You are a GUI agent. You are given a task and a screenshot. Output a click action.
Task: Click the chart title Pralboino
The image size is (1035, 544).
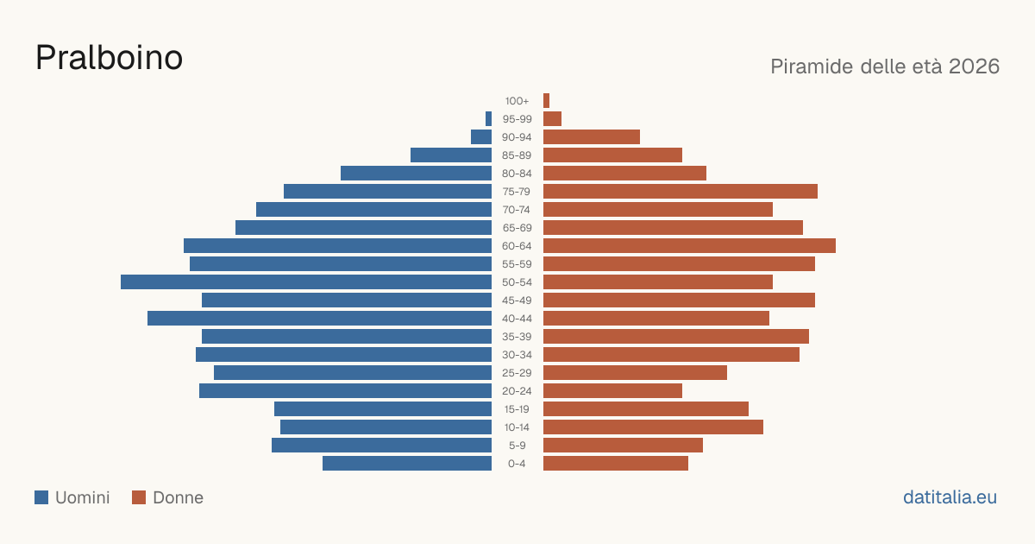pyautogui.click(x=109, y=58)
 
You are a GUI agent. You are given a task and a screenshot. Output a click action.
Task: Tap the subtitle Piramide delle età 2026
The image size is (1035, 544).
pyautogui.click(x=885, y=66)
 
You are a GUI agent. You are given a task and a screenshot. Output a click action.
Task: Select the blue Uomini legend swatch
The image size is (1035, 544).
pyautogui.click(x=41, y=497)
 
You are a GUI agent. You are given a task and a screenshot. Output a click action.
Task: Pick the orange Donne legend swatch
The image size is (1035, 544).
pyautogui.click(x=139, y=497)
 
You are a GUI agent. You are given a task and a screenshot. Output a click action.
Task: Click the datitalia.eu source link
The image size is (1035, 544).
pyautogui.click(x=950, y=497)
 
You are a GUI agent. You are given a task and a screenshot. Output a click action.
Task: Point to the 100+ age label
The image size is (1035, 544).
pyautogui.click(x=517, y=101)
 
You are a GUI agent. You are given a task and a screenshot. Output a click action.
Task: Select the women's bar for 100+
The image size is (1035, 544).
pyautogui.click(x=546, y=101)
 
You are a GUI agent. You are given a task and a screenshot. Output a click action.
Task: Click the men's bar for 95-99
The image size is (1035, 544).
pyautogui.click(x=488, y=119)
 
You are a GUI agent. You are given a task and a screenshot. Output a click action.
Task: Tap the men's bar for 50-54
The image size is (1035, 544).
pyautogui.click(x=306, y=282)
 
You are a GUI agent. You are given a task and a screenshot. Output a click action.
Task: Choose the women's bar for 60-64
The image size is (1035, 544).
pyautogui.click(x=689, y=245)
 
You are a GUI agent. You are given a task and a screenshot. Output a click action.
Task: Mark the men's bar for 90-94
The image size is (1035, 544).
pyautogui.click(x=481, y=137)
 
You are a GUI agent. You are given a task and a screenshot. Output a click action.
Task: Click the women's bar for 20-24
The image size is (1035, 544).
pyautogui.click(x=612, y=391)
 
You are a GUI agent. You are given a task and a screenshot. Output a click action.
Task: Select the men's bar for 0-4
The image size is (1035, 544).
pyautogui.click(x=407, y=464)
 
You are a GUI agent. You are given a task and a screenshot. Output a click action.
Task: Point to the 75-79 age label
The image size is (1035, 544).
pyautogui.click(x=517, y=192)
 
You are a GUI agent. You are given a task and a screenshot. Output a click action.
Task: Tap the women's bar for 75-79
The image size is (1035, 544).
pyautogui.click(x=681, y=192)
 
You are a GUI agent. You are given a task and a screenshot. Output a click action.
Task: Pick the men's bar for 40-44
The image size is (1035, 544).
pyautogui.click(x=320, y=319)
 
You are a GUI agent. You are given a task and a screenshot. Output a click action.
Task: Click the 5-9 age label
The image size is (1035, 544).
pyautogui.click(x=517, y=446)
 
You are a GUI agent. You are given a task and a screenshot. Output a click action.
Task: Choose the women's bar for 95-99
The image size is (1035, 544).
pyautogui.click(x=552, y=119)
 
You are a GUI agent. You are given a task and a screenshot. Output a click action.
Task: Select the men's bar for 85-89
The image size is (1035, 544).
pyautogui.click(x=451, y=155)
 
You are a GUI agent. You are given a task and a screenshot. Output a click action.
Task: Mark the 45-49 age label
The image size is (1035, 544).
pyautogui.click(x=517, y=300)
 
